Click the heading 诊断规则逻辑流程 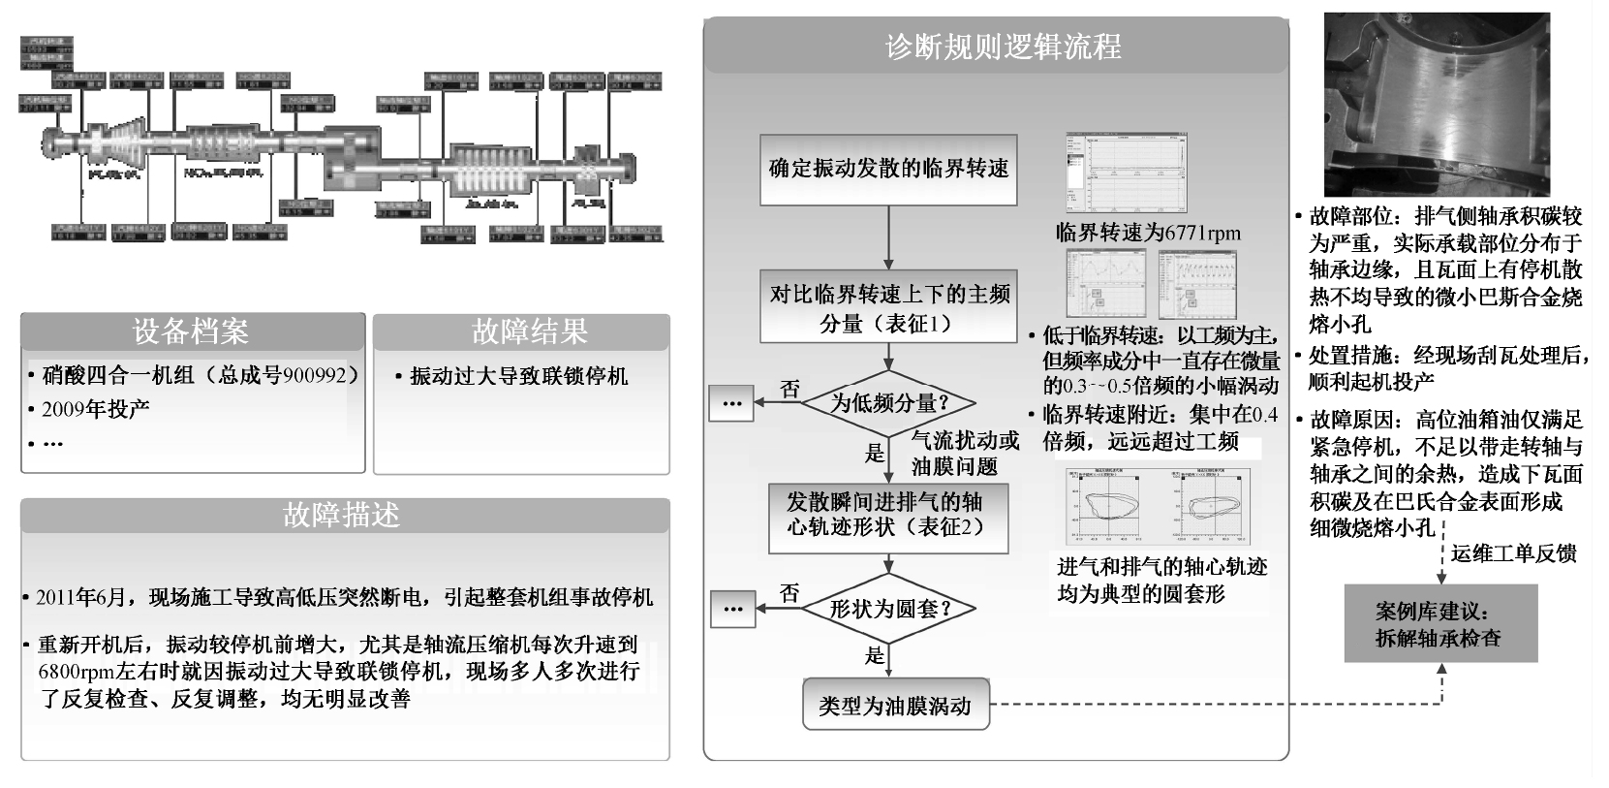point(1003,47)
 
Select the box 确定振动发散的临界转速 point(888,169)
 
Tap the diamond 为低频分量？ point(888,402)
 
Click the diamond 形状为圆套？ point(889,609)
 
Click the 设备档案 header point(192,332)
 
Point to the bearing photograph point(1437,104)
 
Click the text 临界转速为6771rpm point(1148,233)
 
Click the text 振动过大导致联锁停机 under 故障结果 point(518,376)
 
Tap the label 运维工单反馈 point(1513,553)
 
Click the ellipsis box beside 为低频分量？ point(731,402)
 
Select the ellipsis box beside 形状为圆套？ point(732,609)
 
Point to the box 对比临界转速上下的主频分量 point(888,307)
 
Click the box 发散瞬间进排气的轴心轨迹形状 point(888,514)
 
